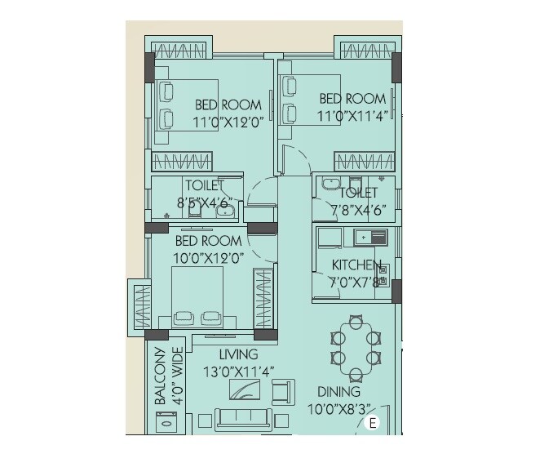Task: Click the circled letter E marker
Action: pyautogui.click(x=374, y=423)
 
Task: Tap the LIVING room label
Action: pyautogui.click(x=238, y=354)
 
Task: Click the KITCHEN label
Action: pyautogui.click(x=356, y=265)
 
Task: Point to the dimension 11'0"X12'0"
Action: pyautogui.click(x=228, y=122)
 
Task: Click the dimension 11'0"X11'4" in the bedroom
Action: pyautogui.click(x=351, y=116)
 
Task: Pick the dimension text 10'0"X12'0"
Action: pyautogui.click(x=208, y=257)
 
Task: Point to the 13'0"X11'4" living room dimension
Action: pyautogui.click(x=238, y=372)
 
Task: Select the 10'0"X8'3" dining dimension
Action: pyautogui.click(x=339, y=409)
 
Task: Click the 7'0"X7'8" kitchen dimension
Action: pyautogui.click(x=356, y=283)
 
